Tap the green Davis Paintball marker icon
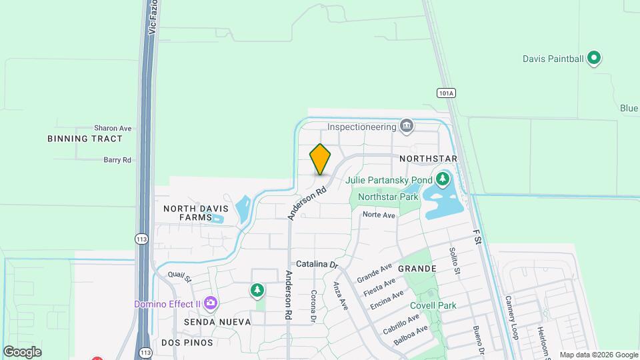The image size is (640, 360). [x=594, y=59]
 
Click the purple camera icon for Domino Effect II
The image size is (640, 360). [x=211, y=304]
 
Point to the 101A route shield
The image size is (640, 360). [x=446, y=93]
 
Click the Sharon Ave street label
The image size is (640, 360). [x=113, y=128]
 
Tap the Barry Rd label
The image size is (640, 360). [x=117, y=160]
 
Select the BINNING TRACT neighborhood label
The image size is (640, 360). [x=85, y=139]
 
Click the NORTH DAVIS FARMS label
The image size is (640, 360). [x=192, y=213]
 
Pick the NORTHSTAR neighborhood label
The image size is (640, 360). [x=428, y=159]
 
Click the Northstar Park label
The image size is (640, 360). [x=388, y=197]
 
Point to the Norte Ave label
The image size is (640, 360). [x=379, y=215]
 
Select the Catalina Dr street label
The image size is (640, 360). [x=317, y=264]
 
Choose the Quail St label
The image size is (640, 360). [x=179, y=276]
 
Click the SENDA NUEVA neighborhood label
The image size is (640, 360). [x=208, y=322]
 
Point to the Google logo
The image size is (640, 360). [x=22, y=352]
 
